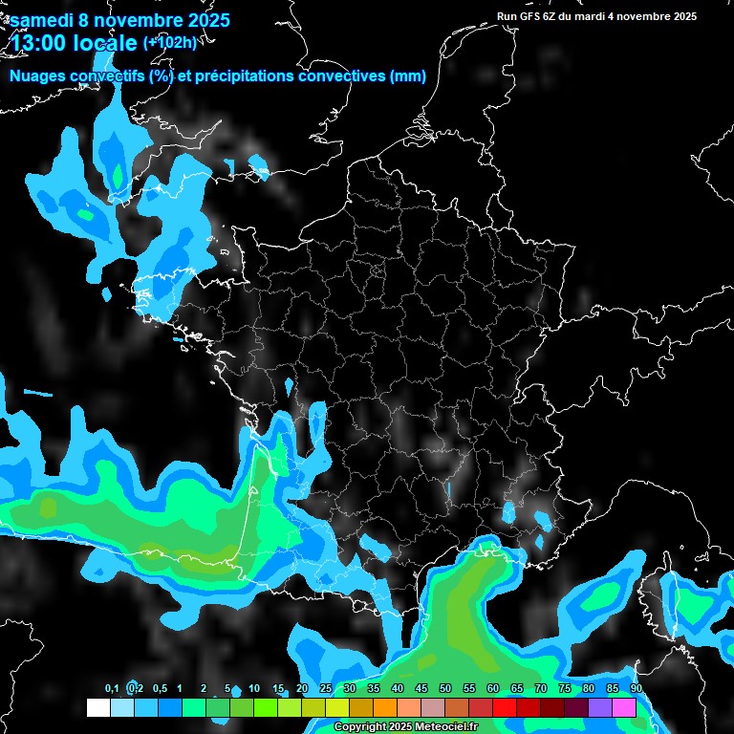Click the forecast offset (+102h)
tap(169, 42)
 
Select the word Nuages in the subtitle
tap(40, 76)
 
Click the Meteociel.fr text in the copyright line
tap(446, 727)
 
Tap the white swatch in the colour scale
tap(97, 707)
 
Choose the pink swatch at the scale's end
tap(624, 707)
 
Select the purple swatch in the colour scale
tap(600, 707)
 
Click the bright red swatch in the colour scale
tap(505, 707)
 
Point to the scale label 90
tap(636, 689)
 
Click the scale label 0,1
tap(111, 689)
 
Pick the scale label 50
tap(445, 689)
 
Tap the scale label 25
tap(326, 689)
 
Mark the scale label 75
tap(565, 689)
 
